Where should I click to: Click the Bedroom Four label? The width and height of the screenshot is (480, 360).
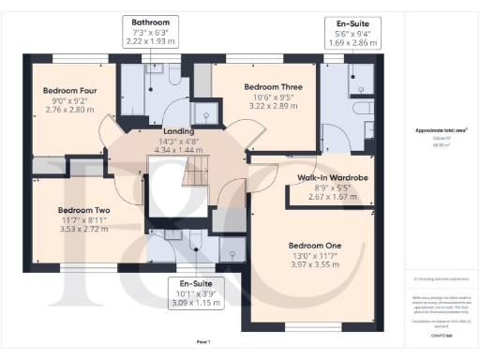65,91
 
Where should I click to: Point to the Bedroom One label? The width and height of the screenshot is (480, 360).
314,246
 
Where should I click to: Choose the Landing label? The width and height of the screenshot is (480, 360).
178,131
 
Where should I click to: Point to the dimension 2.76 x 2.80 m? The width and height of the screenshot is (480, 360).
65,110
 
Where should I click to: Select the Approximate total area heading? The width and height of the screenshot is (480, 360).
442,130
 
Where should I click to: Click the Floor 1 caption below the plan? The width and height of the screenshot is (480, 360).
202,341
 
